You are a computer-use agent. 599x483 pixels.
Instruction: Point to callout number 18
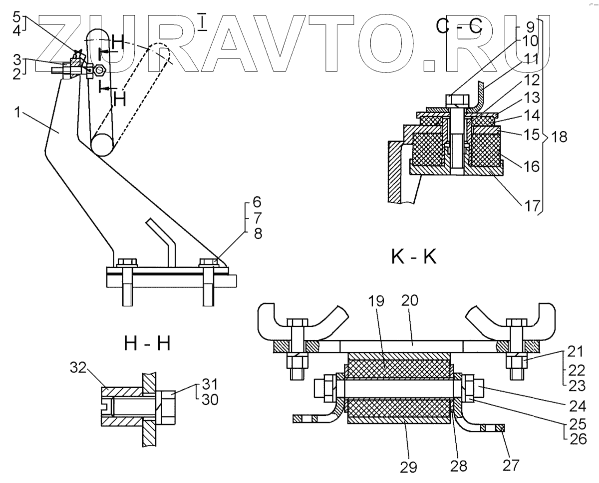tap(560, 137)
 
